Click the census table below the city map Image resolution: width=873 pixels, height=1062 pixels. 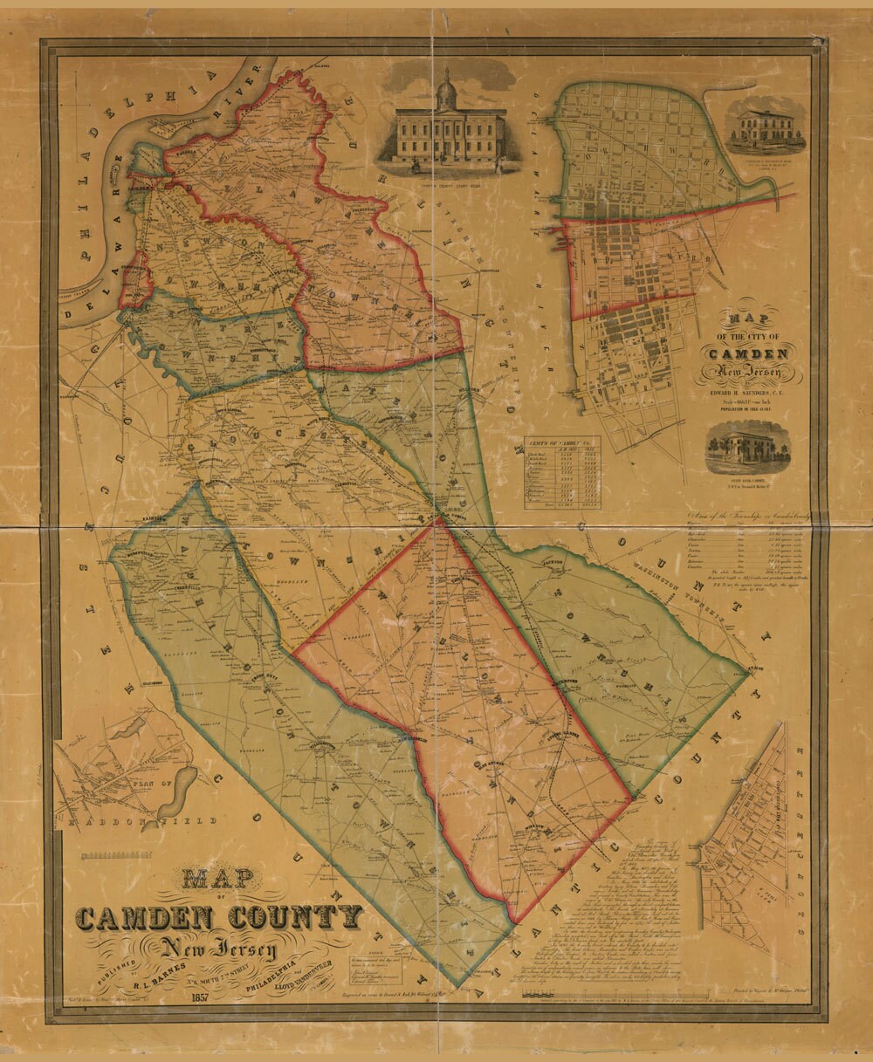click(561, 471)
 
